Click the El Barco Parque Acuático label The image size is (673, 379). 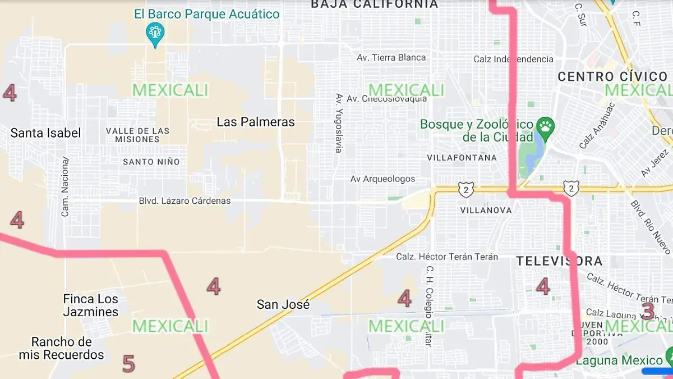[206, 14]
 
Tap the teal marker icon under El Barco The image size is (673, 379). [154, 33]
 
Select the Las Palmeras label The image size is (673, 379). [256, 122]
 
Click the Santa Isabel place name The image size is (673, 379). [45, 133]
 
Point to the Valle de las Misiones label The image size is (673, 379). [137, 135]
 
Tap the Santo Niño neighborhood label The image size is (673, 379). [151, 162]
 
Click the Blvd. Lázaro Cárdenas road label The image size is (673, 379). [185, 201]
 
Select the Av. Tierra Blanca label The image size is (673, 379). [391, 57]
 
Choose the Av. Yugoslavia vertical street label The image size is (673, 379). [339, 123]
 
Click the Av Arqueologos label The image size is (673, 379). [382, 179]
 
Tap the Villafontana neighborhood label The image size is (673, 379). [462, 158]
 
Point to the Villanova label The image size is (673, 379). [486, 210]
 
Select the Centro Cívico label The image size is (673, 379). [612, 77]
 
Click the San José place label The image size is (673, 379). [283, 304]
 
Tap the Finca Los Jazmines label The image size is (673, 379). [91, 305]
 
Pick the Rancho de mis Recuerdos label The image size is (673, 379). [61, 348]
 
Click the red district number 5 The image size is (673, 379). [128, 364]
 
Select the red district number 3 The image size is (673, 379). [648, 310]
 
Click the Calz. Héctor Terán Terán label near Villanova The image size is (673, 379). [447, 257]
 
